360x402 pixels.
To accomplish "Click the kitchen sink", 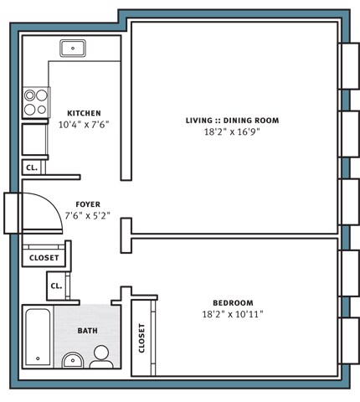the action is click(x=73, y=49).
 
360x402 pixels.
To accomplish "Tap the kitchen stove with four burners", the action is click(x=36, y=102).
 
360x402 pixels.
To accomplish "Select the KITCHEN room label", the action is click(x=84, y=113).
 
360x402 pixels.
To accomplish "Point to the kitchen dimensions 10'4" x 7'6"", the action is click(x=84, y=125).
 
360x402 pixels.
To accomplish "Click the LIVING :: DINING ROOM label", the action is click(x=233, y=121).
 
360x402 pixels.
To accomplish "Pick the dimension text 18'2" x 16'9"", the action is click(x=232, y=131).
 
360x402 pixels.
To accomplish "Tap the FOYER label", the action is click(x=88, y=204).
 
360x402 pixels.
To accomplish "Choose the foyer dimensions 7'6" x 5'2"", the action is click(x=88, y=216).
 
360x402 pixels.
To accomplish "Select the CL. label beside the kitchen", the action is click(x=32, y=167).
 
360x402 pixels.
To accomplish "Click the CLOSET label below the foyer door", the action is click(x=44, y=258).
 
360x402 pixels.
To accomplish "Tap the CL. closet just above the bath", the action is click(x=56, y=286).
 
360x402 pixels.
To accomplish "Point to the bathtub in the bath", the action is click(x=38, y=337).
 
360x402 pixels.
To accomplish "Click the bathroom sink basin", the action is click(x=73, y=361).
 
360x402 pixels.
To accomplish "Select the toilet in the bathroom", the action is click(x=101, y=358).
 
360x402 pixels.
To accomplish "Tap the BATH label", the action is click(x=88, y=331).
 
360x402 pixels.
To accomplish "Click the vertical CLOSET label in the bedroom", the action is click(x=141, y=338).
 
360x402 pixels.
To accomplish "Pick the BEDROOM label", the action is click(x=233, y=303).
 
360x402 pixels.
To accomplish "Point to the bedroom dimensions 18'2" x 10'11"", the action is click(x=233, y=314).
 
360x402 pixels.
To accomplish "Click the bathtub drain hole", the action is click(x=38, y=358).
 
